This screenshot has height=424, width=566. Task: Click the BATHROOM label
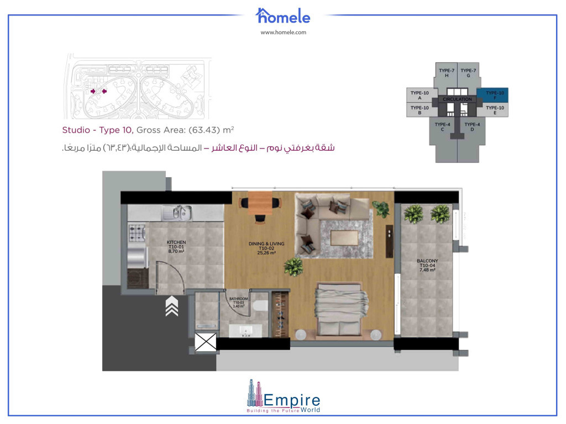(239, 303)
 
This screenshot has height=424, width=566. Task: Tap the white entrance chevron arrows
(171, 306)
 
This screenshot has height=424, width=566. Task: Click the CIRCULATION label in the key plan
(458, 99)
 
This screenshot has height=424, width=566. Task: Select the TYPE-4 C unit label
(443, 126)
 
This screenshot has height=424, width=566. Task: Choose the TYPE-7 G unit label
(468, 72)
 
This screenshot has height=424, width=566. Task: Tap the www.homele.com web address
(283, 32)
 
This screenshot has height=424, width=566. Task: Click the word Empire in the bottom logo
(292, 399)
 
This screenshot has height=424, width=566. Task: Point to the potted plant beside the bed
(293, 267)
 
